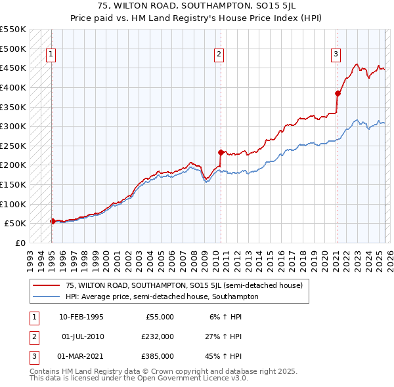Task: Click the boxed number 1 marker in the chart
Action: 51,54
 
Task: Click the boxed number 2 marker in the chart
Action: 219,54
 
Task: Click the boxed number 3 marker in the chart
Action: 336,54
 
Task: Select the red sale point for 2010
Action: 221,152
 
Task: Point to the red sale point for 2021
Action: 338,92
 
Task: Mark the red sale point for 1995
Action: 53,221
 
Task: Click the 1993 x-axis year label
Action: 30,258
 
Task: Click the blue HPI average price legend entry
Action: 162,296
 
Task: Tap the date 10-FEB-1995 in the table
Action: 81,317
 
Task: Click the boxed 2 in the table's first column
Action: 33,336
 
